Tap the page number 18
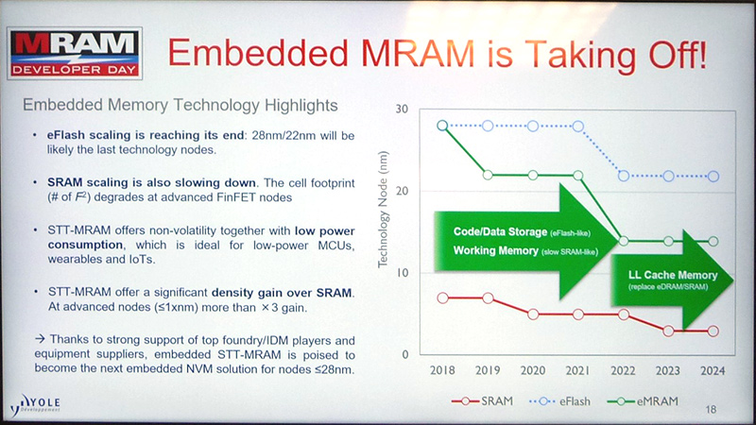(712, 409)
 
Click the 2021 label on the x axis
(576, 372)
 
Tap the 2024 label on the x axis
(713, 372)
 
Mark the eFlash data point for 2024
(713, 176)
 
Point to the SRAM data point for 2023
(667, 331)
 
